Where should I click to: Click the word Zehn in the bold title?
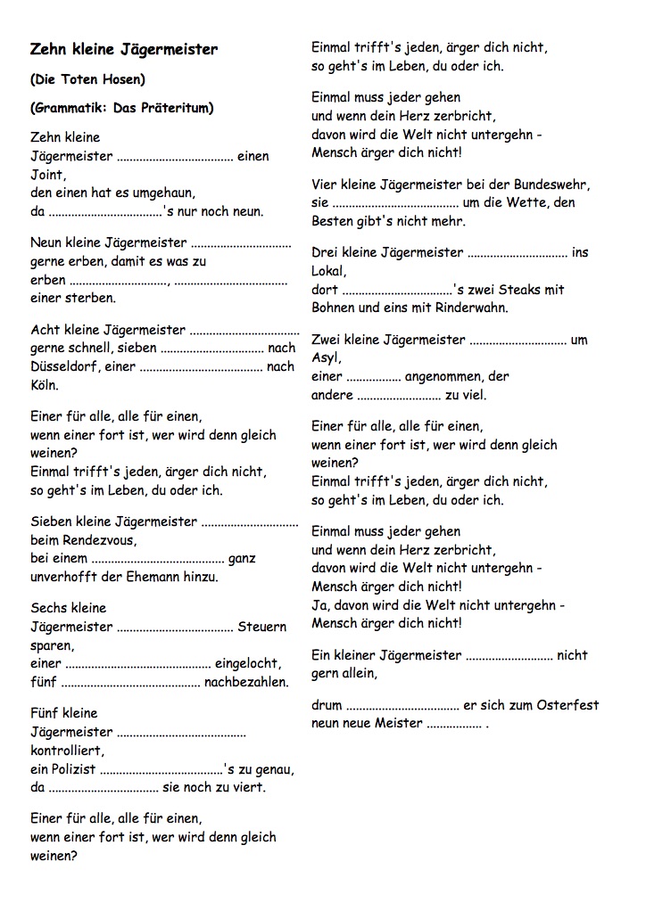(48, 50)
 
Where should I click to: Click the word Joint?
(47, 175)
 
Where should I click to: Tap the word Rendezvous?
(97, 540)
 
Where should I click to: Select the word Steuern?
(261, 627)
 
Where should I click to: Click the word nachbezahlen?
(246, 683)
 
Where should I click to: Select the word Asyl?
(326, 358)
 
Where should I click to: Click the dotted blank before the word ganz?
(157, 559)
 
